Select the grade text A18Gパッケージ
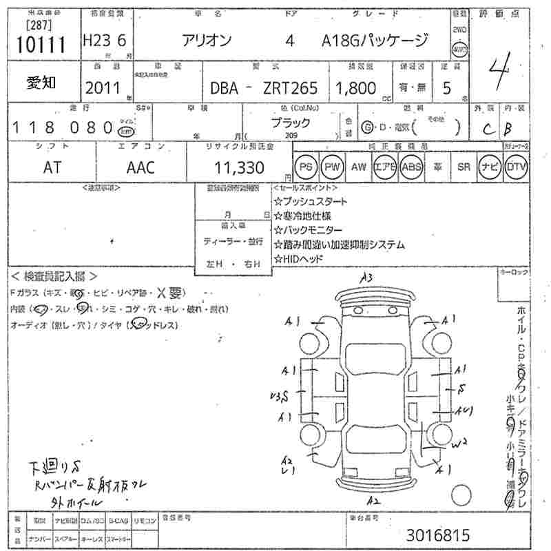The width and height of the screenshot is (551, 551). click(375, 41)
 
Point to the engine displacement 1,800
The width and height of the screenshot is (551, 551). click(355, 87)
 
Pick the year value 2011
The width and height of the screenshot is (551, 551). click(103, 87)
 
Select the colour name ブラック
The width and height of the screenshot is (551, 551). click(289, 123)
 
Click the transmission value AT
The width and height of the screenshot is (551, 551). click(52, 167)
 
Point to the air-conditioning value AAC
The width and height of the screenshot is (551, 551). click(141, 167)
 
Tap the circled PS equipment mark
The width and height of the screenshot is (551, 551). click(305, 167)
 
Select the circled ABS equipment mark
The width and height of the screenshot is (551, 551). click(411, 167)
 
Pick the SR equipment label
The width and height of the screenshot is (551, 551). click(464, 167)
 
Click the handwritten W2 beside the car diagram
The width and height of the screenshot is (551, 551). click(460, 441)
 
